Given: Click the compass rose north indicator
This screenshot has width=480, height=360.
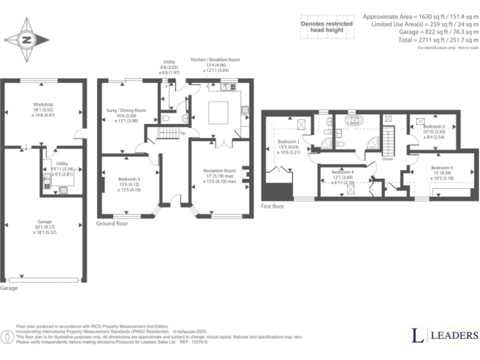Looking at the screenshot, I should (27, 41).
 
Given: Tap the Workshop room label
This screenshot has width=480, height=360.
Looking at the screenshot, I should (43, 104).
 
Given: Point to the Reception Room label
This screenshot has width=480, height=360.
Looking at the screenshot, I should (219, 170).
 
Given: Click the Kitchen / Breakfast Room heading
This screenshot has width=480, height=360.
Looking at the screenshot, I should (214, 59).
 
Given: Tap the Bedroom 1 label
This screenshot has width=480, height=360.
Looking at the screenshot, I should (289, 141).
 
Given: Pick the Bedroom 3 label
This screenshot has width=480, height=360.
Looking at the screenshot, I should (441, 167).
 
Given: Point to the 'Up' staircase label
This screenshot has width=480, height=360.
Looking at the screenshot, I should (182, 133).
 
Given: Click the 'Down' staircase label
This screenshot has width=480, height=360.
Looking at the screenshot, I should (388, 159).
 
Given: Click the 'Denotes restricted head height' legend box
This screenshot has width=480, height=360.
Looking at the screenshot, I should (327, 26).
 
